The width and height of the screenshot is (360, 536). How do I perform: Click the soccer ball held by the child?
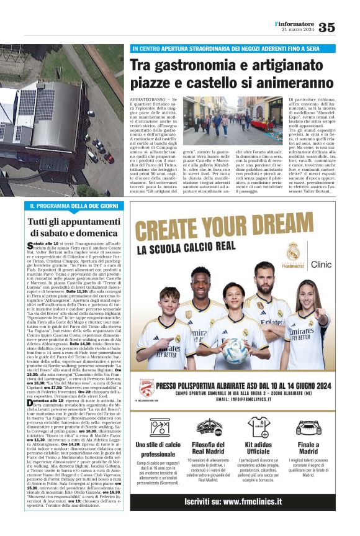[x=235, y=352]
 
